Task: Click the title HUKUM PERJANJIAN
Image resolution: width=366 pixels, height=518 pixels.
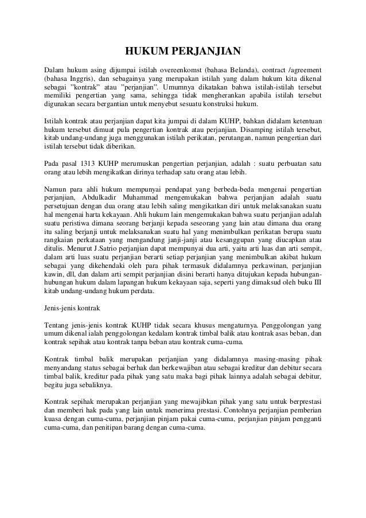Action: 182,51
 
